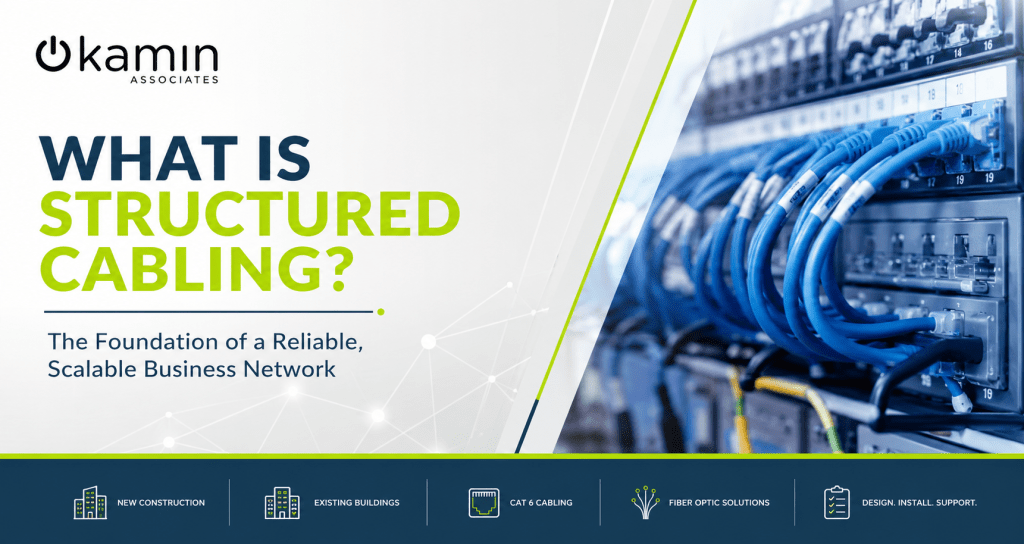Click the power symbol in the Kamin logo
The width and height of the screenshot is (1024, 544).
pos(53,54)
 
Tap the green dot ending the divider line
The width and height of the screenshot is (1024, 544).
pos(381,312)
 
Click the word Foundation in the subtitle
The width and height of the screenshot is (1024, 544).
pos(156,342)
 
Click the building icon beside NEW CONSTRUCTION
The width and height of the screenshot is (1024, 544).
pos(90,502)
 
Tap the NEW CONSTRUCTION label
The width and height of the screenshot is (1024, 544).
pos(161,503)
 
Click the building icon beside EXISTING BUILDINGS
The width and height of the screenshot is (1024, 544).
pos(282,503)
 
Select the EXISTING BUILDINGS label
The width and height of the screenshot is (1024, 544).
pos(357,503)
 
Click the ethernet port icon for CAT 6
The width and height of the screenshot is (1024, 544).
pos(484,503)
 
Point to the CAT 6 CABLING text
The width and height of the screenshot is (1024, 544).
pos(541,503)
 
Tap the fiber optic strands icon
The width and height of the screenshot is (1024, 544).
pos(645,502)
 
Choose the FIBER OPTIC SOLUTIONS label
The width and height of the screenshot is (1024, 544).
pos(719,503)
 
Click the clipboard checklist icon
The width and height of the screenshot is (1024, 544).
pos(837,502)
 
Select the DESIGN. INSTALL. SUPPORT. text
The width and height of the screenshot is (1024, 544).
pos(920,503)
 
